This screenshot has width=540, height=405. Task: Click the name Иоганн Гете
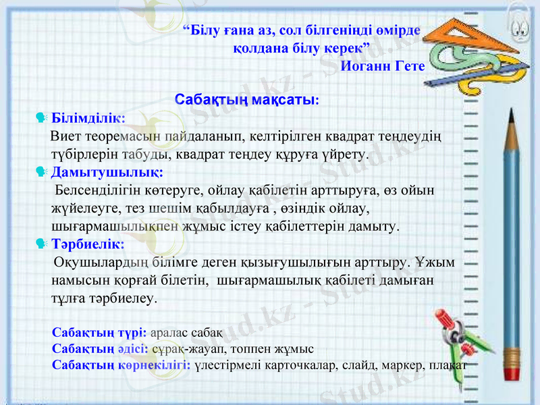383,66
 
